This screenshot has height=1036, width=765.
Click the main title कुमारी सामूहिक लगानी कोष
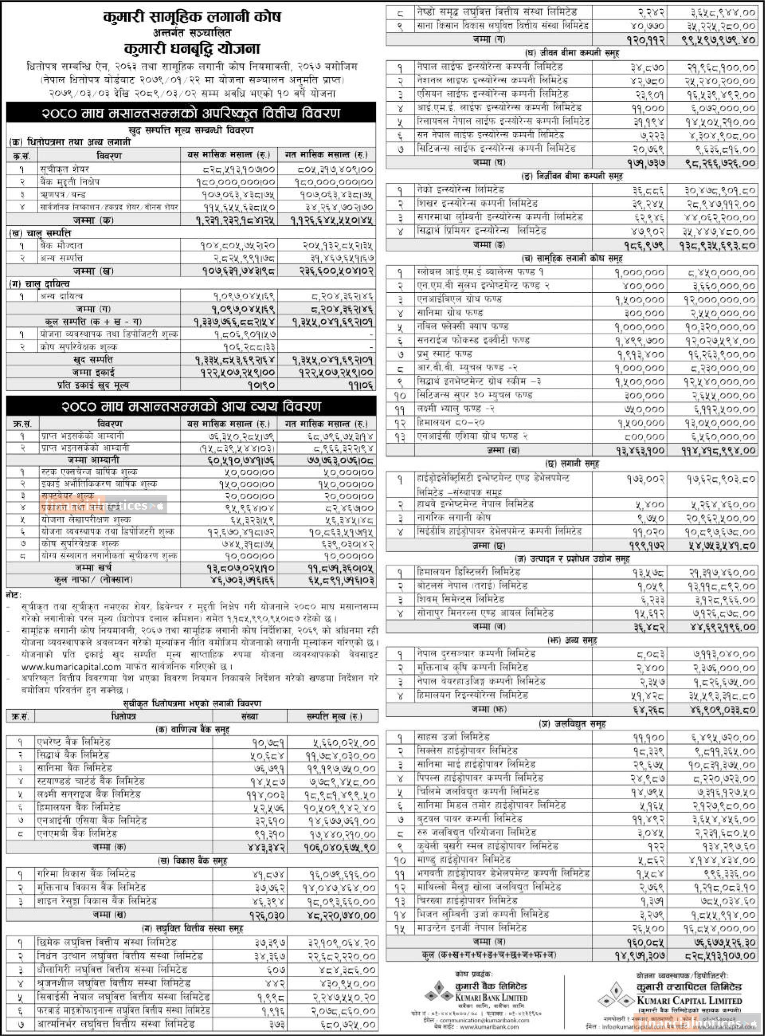tap(192, 18)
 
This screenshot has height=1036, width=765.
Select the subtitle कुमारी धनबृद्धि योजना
tap(192, 49)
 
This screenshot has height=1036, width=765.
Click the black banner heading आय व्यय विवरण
tap(191, 406)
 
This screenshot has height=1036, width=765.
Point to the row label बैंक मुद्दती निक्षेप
tap(69, 182)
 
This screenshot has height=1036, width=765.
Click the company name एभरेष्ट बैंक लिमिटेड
tap(74, 742)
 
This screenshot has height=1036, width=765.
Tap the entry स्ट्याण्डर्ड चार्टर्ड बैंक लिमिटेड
tap(91, 781)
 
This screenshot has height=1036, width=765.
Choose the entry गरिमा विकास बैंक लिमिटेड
tap(86, 874)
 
